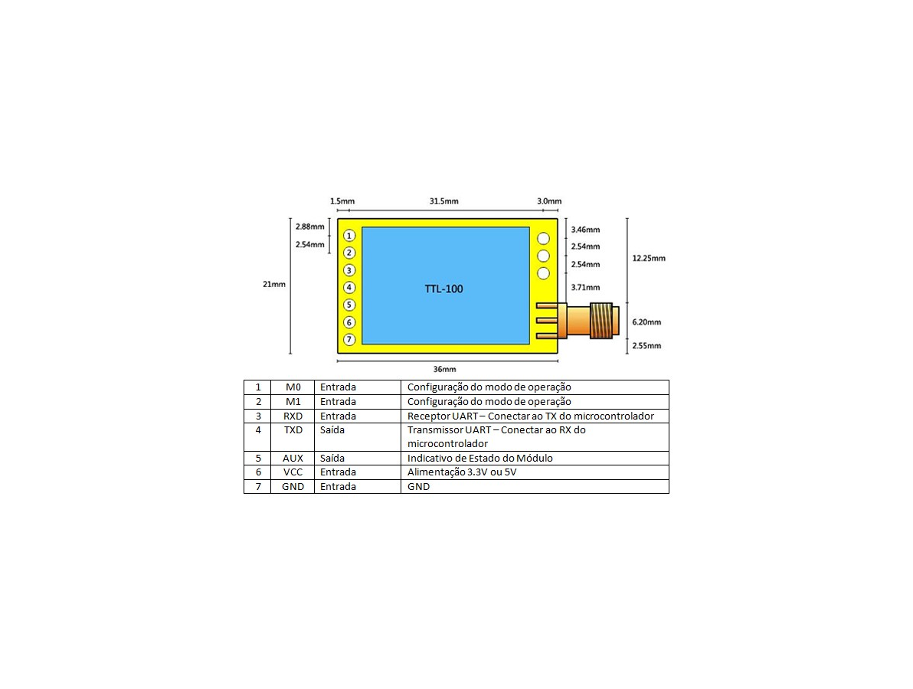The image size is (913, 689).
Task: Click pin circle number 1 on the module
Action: pos(349,236)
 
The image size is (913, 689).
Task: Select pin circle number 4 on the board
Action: pos(349,288)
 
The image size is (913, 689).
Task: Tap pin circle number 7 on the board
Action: pos(349,339)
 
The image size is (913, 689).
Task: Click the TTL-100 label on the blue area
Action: pos(443,289)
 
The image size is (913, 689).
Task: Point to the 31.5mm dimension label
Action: pos(443,201)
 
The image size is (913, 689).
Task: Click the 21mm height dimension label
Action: pos(274,285)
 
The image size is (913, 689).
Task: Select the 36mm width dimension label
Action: pos(444,370)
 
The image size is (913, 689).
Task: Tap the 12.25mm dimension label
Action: pos(649,259)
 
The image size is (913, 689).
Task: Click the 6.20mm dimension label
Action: pos(646,322)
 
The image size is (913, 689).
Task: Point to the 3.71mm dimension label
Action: pos(585,288)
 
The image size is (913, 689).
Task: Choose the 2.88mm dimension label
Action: pos(309,227)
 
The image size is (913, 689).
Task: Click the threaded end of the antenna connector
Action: pos(604,320)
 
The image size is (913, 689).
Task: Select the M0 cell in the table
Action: pos(293,387)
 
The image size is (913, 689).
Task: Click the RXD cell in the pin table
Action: pos(293,416)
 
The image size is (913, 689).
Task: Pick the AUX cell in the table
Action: pos(293,459)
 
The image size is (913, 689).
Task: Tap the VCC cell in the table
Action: pos(293,472)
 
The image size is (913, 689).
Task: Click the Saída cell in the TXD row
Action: pos(332,430)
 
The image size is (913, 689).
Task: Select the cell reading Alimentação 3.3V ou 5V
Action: pos(462,472)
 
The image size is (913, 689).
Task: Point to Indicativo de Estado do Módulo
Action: pos(479,459)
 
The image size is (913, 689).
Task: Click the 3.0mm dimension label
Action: pos(549,201)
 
